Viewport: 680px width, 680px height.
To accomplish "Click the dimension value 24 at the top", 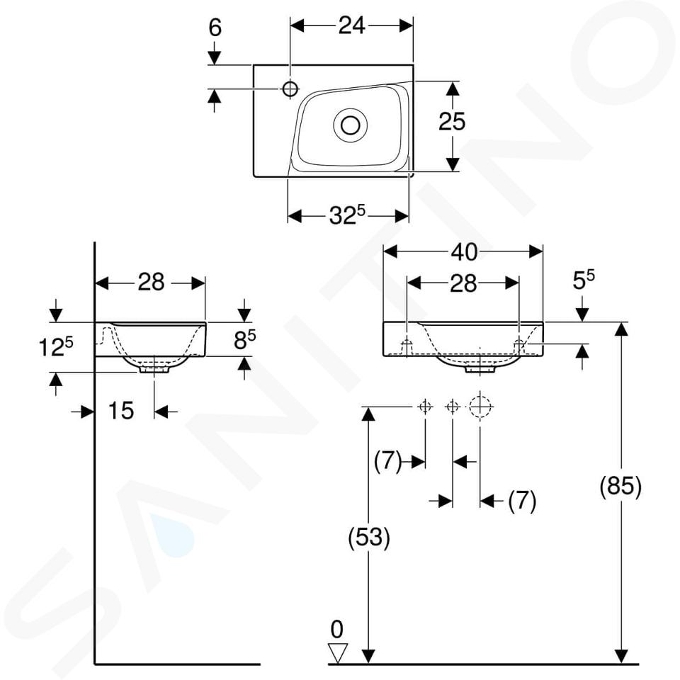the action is [x=351, y=26].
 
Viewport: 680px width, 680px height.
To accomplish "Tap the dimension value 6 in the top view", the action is [x=215, y=28].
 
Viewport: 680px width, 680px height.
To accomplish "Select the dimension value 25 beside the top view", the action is [x=452, y=121].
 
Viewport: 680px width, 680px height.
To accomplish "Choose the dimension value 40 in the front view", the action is [x=464, y=252].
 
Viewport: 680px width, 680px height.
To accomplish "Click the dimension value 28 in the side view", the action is [x=151, y=283].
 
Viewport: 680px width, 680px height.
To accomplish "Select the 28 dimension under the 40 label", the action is [x=463, y=283].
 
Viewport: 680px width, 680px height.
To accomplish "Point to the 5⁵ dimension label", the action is [x=584, y=280].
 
